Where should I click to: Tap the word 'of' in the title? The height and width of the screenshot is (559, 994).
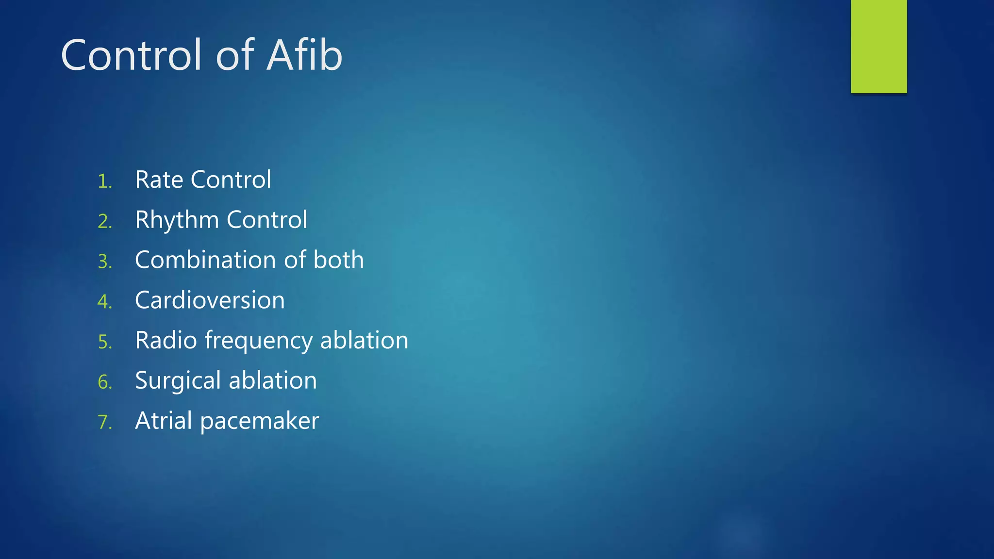[x=235, y=55]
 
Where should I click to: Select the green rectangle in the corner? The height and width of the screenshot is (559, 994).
[x=878, y=46]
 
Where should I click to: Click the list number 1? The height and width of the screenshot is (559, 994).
[x=104, y=182]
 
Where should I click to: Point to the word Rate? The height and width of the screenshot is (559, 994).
[x=159, y=180]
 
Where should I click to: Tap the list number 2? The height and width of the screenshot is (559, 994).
[x=104, y=222]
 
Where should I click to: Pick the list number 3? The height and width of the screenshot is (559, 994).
[x=104, y=263]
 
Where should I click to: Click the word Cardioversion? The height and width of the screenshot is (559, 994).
[x=210, y=300]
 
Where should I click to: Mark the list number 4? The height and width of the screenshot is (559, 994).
[x=104, y=302]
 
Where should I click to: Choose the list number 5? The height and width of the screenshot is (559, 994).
[x=104, y=343]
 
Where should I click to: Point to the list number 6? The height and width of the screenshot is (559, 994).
[x=104, y=383]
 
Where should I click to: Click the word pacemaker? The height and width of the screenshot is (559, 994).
[x=259, y=421]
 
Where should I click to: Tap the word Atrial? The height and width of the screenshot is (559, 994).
[x=164, y=421]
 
